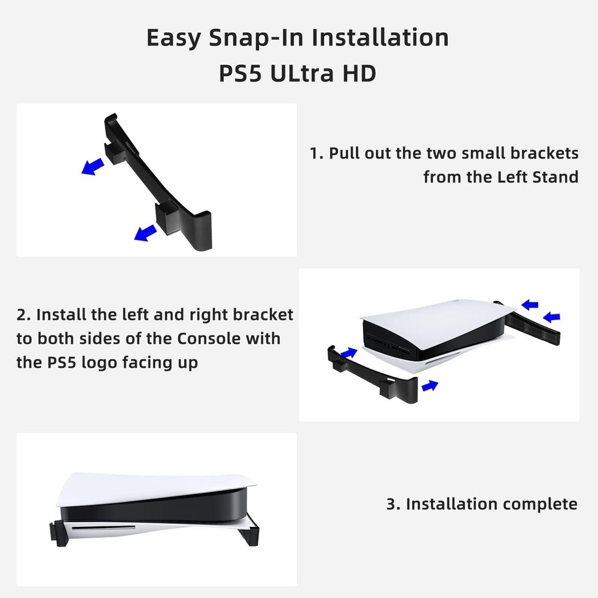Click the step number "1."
[x=316, y=153]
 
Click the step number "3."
[x=393, y=504]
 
